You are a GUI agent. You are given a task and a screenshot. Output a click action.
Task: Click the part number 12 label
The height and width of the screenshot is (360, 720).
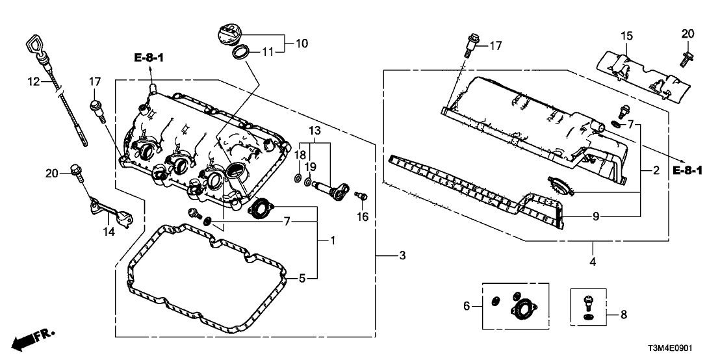click(34, 82)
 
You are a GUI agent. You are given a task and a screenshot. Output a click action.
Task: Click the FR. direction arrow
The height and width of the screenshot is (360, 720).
click(32, 339)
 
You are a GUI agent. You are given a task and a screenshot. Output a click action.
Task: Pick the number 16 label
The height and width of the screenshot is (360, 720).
click(363, 217)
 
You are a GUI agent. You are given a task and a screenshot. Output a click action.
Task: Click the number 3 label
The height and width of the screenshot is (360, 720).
click(402, 256)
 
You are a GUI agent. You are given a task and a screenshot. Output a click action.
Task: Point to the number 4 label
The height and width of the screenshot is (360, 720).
click(593, 262)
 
